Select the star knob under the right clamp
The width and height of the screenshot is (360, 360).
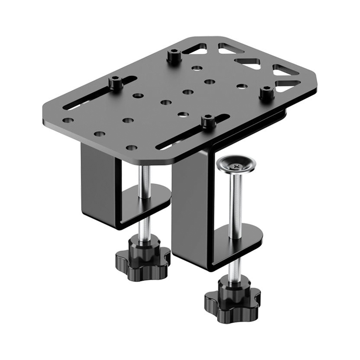pos(232,300)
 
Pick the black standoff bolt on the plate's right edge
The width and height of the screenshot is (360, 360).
pos(266,92)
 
